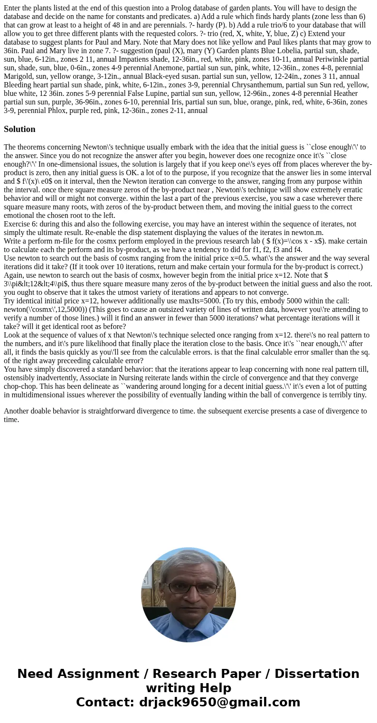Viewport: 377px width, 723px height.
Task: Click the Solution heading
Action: (x=19, y=129)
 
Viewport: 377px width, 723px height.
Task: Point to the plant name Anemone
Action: (x=169, y=67)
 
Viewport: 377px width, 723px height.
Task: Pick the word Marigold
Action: (x=19, y=76)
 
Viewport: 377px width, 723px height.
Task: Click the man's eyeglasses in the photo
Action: (x=188, y=587)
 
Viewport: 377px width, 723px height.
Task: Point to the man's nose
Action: (x=188, y=596)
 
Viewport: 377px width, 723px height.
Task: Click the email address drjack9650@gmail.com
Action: (x=219, y=702)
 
